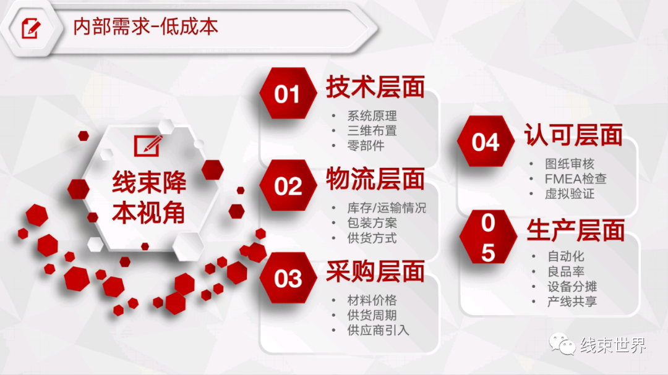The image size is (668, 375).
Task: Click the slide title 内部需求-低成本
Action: pos(146,27)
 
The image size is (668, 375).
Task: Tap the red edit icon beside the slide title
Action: pos(31,28)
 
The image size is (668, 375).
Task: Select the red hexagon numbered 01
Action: pos(288,93)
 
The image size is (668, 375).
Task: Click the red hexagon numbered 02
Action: pos(288,185)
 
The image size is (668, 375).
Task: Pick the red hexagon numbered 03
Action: pos(288,278)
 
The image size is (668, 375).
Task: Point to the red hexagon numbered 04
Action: pos(486,141)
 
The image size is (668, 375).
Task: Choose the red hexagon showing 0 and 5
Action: pos(488,237)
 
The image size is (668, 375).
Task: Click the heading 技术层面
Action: pos(375,87)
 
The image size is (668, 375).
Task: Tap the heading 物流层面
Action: pos(375,179)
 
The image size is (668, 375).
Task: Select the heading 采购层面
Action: pos(375,272)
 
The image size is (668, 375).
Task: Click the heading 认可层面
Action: pos(573,135)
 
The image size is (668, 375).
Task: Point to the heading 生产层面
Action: pos(576,230)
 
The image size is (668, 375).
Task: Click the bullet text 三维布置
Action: pos(372,131)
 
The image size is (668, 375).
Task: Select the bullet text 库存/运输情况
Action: pos(387,208)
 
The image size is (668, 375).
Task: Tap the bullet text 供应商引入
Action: pos(378,331)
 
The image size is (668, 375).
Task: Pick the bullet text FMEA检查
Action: pos(576,179)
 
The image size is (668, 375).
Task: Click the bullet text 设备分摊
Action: pos(572,287)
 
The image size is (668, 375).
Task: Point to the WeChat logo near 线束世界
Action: pos(562,344)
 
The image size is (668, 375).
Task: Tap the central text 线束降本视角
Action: pos(149,197)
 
